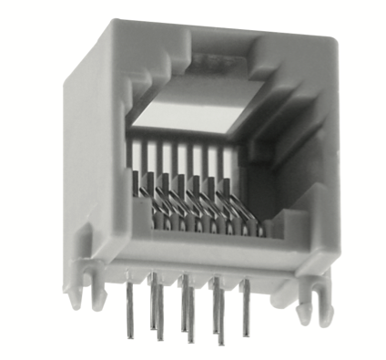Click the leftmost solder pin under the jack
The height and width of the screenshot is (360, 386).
pos(127,305)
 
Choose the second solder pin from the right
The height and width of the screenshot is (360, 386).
pos(216,310)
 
